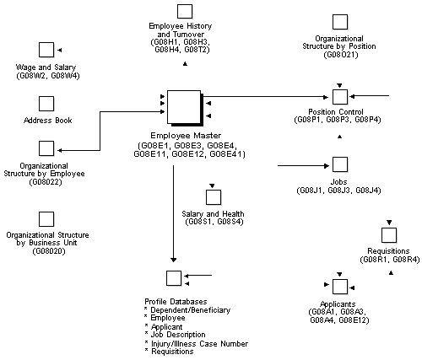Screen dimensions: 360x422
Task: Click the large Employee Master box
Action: [183, 107]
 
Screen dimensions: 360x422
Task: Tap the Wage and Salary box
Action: [46, 50]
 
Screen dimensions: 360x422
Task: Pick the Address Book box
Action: [46, 103]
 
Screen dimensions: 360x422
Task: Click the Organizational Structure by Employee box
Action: [46, 150]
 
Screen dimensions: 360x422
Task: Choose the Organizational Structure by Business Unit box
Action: [46, 216]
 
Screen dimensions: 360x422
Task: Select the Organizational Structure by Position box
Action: [339, 21]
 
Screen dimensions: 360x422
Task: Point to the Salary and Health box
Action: [214, 196]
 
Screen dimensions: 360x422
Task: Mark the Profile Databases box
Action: [174, 277]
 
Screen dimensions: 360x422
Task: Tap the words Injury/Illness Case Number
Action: [195, 343]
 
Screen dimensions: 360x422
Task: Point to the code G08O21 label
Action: [341, 55]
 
